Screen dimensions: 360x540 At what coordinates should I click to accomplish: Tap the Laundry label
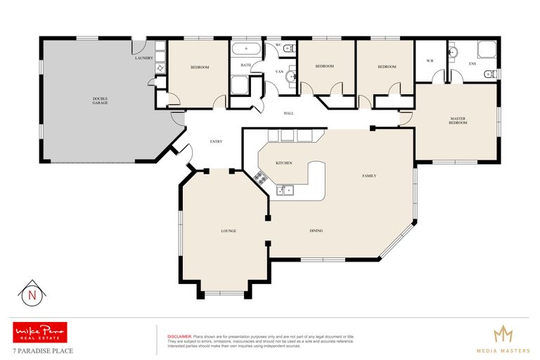[143, 58]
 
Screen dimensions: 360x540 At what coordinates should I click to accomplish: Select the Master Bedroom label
[458, 120]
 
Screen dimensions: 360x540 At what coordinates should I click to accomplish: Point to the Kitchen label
[284, 163]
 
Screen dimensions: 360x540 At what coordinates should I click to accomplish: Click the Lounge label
[228, 231]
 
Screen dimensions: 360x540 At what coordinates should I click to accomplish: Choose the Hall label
[288, 113]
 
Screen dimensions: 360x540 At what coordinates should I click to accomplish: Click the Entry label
[217, 142]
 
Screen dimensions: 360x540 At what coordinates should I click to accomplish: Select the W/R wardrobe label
[430, 60]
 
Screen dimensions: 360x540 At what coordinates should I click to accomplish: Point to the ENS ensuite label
[472, 64]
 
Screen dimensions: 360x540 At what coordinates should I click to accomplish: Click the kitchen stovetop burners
[259, 176]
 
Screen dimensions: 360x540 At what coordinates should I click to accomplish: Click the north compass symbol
[30, 295]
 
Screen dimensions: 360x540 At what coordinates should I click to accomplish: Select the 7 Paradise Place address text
[42, 349]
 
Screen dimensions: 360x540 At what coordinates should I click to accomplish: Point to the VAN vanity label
[278, 71]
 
